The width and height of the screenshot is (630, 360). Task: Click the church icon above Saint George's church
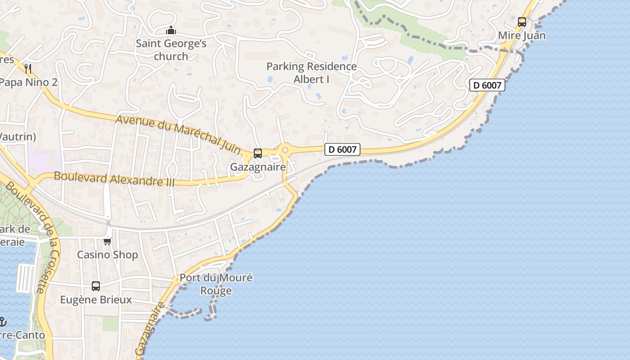click(x=171, y=31)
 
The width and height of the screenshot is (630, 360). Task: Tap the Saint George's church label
click(x=171, y=50)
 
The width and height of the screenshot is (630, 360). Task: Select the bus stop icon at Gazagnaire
click(x=257, y=153)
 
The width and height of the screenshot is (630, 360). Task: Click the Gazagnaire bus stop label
click(x=258, y=167)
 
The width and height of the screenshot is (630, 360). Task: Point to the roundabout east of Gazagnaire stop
click(x=284, y=150)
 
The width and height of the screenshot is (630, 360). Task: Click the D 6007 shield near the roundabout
click(x=342, y=149)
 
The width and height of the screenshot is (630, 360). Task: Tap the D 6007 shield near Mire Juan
click(x=487, y=85)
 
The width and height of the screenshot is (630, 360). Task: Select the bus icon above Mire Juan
click(x=522, y=22)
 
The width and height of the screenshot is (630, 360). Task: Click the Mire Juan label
click(x=522, y=36)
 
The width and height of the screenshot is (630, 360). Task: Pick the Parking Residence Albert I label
click(x=311, y=72)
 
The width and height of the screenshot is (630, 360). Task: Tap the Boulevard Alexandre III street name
click(x=114, y=179)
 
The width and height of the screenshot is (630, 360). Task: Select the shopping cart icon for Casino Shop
click(x=107, y=241)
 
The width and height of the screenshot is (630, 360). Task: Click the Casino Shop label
click(x=108, y=255)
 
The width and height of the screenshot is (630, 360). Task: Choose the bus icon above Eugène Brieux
click(x=96, y=286)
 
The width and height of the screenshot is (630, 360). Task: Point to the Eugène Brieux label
click(x=96, y=300)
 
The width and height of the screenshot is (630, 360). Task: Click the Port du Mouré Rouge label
click(x=216, y=284)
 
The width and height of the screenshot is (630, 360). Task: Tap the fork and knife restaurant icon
click(x=28, y=68)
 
